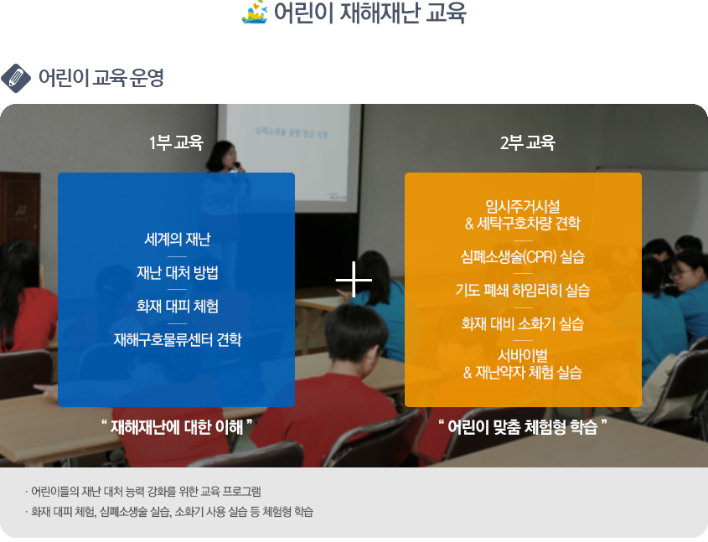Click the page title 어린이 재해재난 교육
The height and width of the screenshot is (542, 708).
(370, 13)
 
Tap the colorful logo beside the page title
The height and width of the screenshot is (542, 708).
(255, 13)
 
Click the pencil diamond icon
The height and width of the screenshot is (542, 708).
(16, 78)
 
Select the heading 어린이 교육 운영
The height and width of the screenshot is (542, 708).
(101, 78)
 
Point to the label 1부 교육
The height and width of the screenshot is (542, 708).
(176, 142)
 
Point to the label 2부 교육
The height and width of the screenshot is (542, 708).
(527, 142)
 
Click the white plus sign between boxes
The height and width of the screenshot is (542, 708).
(354, 280)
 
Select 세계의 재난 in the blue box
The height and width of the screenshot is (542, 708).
(177, 240)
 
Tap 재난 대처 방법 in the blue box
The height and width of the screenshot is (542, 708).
(177, 272)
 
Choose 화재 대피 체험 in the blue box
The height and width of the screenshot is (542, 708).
(177, 306)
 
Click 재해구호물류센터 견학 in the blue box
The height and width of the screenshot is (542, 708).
(177, 339)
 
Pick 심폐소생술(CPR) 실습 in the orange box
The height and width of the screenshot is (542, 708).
(523, 257)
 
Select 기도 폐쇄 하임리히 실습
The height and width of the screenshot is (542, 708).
(523, 290)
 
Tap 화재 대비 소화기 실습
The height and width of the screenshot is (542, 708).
(523, 323)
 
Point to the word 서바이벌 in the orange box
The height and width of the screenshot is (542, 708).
(523, 356)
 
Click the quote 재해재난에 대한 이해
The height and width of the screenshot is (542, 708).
(177, 427)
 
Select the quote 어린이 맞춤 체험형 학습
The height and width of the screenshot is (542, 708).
(523, 427)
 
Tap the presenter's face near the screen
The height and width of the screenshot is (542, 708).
(229, 157)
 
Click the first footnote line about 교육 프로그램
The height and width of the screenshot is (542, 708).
(143, 492)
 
